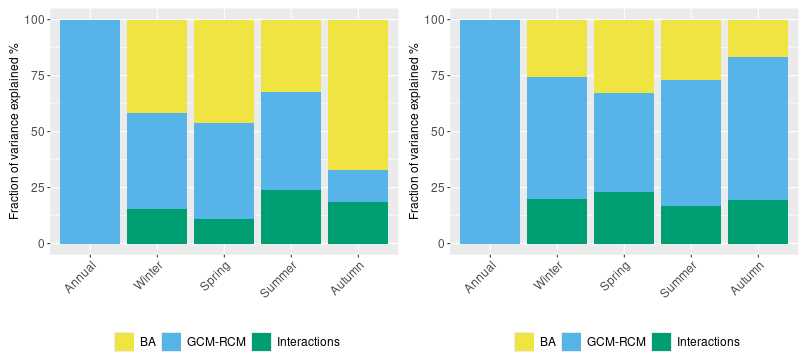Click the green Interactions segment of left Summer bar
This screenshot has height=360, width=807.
point(291,217)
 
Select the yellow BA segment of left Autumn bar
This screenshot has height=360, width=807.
point(358,95)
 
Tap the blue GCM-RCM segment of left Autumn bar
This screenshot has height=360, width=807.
point(358,186)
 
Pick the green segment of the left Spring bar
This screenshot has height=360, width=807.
point(224,231)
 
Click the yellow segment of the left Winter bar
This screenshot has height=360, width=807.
point(157,66)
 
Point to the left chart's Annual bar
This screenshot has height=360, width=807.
point(90,132)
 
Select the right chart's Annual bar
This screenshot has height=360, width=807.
point(490,132)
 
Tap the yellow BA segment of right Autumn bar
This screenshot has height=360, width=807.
point(758,39)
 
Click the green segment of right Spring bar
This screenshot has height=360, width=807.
point(624,218)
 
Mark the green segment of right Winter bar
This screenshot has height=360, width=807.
point(557,221)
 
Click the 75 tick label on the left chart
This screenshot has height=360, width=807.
point(37,76)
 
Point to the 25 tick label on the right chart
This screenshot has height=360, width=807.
point(437,187)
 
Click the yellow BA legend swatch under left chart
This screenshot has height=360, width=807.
point(124,341)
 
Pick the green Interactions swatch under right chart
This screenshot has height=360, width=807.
point(661,341)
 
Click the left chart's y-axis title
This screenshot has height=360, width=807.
point(14,132)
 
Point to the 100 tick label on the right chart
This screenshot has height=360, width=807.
point(435,20)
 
